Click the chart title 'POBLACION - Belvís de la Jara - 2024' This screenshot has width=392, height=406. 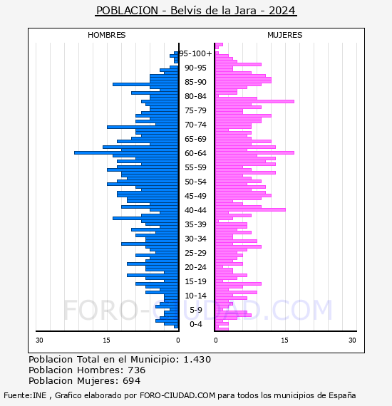pyautogui.click(x=196, y=11)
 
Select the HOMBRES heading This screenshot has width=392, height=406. pyautogui.click(x=107, y=35)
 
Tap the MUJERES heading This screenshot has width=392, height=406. pyautogui.click(x=285, y=35)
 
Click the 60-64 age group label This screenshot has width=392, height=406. pyautogui.click(x=195, y=153)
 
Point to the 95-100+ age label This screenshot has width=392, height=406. pyautogui.click(x=195, y=53)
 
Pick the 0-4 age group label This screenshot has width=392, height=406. pyautogui.click(x=195, y=324)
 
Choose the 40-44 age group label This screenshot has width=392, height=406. pyautogui.click(x=195, y=210)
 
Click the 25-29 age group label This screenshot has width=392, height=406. pyautogui.click(x=195, y=253)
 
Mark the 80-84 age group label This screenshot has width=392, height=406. pyautogui.click(x=195, y=96)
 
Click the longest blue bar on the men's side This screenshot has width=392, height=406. pyautogui.click(x=126, y=152)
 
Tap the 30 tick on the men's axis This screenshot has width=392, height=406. pyautogui.click(x=39, y=340)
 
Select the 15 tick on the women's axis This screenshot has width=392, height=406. pyautogui.click(x=285, y=340)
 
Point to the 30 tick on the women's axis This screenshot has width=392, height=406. pyautogui.click(x=352, y=340)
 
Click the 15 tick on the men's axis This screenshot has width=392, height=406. pyautogui.click(x=106, y=340)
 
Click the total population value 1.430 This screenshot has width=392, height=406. pyautogui.click(x=197, y=360)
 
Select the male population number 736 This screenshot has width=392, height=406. pyautogui.click(x=137, y=370)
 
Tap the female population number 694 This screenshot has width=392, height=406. pyautogui.click(x=131, y=381)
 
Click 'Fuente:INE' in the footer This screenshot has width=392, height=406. pyautogui.click(x=25, y=395)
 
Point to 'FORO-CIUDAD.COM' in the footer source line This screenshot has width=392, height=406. pyautogui.click(x=177, y=395)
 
